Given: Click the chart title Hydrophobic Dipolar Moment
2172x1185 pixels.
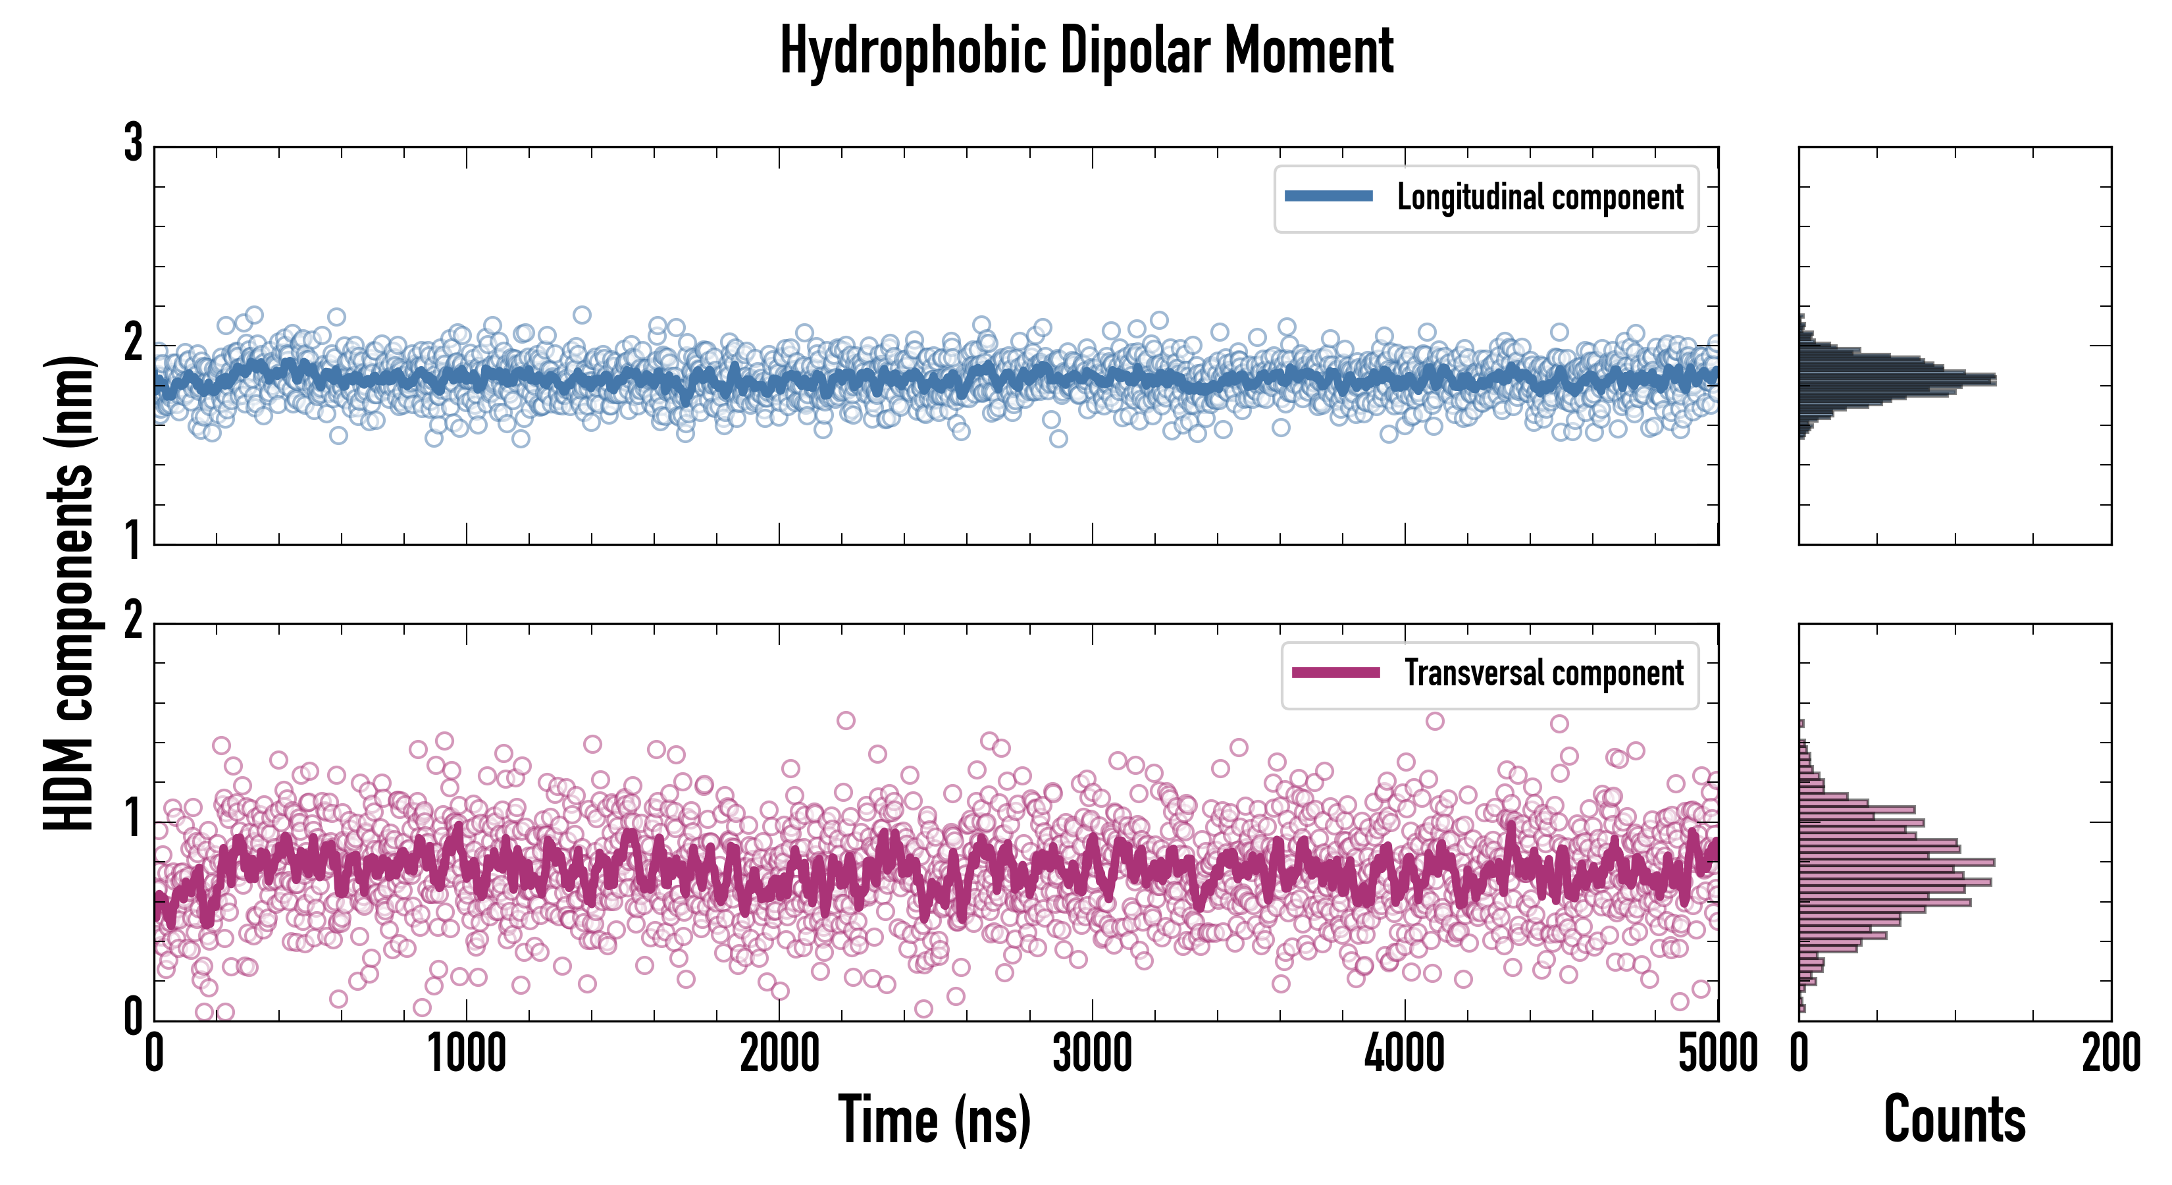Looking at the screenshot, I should click(1086, 51).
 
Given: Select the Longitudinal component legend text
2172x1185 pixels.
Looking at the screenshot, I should click(1539, 197).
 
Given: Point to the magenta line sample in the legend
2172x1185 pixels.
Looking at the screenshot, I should click(1335, 673).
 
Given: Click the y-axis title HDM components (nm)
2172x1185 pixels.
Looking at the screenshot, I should click(69, 592).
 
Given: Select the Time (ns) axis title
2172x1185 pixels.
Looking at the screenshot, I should click(934, 1119).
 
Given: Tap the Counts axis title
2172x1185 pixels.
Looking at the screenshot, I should click(1954, 1119).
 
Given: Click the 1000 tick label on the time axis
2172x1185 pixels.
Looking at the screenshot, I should click(466, 1054).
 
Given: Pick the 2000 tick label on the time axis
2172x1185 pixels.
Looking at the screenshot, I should click(779, 1054).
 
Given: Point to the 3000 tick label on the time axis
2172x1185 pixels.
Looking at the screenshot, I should click(1092, 1054).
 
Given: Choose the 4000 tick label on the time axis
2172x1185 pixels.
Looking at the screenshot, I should click(1405, 1054).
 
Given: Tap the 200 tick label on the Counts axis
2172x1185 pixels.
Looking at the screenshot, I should click(2110, 1054).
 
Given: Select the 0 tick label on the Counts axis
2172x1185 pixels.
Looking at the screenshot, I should click(1799, 1054).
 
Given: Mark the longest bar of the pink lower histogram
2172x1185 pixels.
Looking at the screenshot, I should click(1896, 862).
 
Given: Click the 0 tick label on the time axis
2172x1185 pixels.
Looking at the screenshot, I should click(154, 1054).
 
